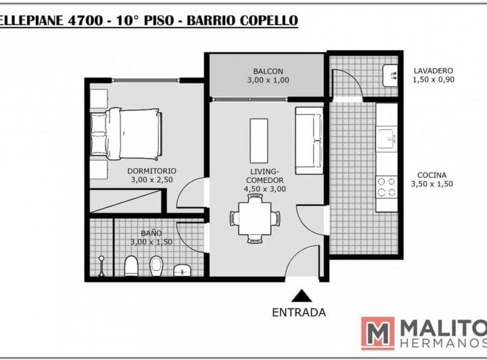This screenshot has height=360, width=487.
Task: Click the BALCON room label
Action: tap(268, 71)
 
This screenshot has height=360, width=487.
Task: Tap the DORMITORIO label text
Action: tap(152, 171)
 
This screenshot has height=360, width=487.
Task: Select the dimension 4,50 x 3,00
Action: tap(265, 189)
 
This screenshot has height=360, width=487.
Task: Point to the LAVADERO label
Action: tap(434, 71)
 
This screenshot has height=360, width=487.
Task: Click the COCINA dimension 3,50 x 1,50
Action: tap(432, 184)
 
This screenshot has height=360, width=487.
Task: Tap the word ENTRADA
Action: tap(299, 313)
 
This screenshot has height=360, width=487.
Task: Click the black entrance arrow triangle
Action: tap(302, 296)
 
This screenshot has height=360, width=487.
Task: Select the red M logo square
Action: tap(377, 334)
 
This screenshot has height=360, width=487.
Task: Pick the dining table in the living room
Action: tap(255, 219)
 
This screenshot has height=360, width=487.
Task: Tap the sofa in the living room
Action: tap(309, 140)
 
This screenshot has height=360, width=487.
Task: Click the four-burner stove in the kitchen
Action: tap(387, 187)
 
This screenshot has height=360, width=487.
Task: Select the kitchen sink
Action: tap(387, 139)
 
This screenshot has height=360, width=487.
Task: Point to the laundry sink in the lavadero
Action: tap(390, 76)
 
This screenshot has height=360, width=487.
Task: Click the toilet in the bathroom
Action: tap(131, 266)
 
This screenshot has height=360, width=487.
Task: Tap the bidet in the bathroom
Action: tap(156, 266)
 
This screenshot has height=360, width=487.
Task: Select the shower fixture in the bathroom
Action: tap(101, 266)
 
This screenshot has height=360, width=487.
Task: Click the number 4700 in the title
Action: tap(85, 20)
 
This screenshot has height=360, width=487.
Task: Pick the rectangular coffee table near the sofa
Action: tap(258, 141)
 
